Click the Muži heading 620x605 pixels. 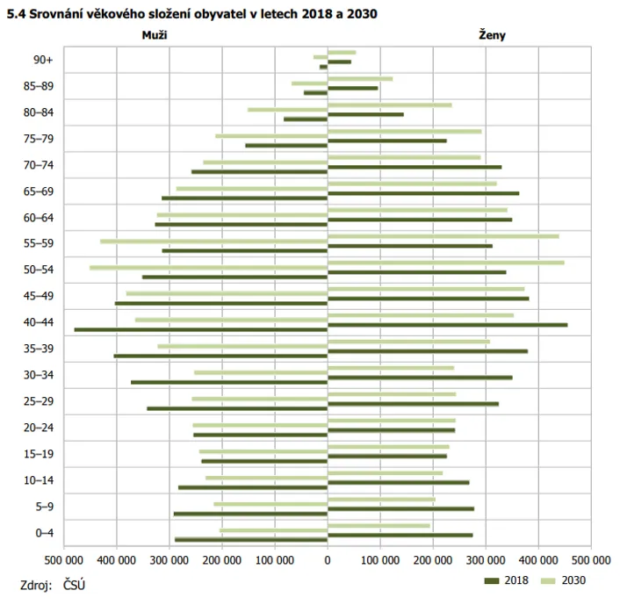point(155,35)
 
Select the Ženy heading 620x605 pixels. point(492,35)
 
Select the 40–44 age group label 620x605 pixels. point(38,322)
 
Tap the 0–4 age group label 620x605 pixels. point(43,533)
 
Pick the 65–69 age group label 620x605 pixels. point(38,191)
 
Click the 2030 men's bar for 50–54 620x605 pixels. point(208,267)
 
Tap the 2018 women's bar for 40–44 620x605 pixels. point(447,325)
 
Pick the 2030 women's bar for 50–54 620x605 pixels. point(445,263)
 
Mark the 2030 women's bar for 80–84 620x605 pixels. point(389,105)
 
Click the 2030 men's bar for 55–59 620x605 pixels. point(213,241)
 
